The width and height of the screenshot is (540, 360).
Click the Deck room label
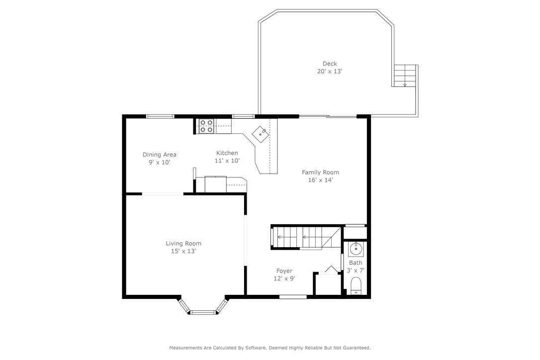[330, 64]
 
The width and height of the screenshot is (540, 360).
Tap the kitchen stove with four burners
[206, 126]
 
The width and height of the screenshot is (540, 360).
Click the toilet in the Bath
[356, 287]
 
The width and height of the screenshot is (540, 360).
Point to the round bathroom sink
[356, 249]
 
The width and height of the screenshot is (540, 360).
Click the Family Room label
[320, 173]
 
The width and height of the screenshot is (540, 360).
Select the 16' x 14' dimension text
[320, 180]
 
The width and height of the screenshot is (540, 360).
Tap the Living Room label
[183, 244]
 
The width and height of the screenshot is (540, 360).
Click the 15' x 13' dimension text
[183, 252]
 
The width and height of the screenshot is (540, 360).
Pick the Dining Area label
[159, 155]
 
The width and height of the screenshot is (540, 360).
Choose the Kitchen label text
[227, 153]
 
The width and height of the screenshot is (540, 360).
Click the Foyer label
[284, 271]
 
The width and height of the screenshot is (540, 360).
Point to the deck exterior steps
[405, 76]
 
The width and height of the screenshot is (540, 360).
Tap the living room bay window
[203, 312]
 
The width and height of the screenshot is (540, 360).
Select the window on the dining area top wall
[160, 117]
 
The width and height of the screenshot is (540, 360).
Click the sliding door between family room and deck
[328, 117]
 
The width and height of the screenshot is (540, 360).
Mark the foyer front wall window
[293, 297]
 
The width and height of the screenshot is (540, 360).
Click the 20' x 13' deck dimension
[330, 72]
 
